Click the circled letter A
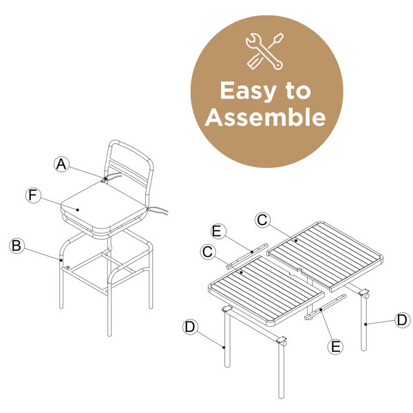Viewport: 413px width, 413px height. click(61, 165)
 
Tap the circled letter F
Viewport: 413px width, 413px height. click(33, 195)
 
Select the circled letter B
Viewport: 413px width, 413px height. click(17, 246)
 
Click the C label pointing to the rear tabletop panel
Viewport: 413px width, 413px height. click(263, 220)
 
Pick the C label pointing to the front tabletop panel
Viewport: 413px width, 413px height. click(208, 252)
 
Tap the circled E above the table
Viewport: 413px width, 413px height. click(219, 231)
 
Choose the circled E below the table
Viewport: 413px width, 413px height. click(335, 346)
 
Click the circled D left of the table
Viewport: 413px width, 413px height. click(190, 327)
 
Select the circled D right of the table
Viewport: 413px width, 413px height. click(403, 320)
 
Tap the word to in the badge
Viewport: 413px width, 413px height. click(297, 91)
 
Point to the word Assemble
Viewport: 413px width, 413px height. click(265, 117)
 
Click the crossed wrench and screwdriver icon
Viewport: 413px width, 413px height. click(265, 52)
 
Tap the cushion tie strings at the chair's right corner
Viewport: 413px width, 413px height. click(157, 211)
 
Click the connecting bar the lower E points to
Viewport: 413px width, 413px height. click(325, 307)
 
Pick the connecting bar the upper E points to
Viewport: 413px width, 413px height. click(247, 256)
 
